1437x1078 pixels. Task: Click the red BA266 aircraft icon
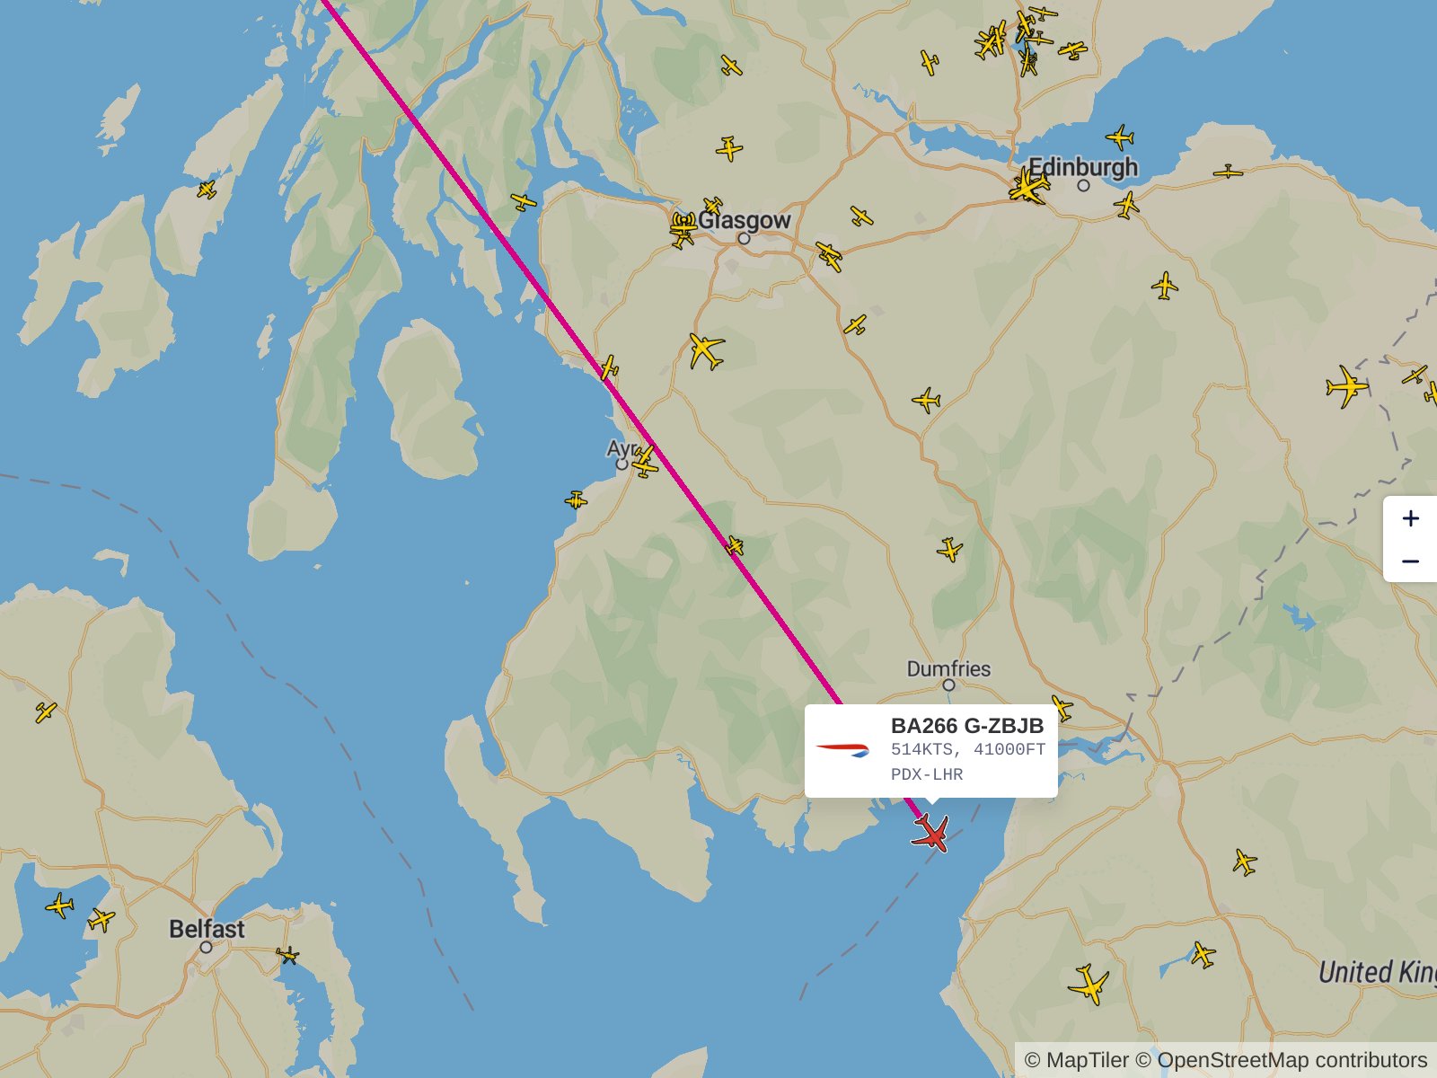tap(931, 833)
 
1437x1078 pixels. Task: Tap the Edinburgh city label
tap(1082, 167)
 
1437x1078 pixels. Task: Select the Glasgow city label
tap(744, 220)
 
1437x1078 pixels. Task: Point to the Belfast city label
tap(207, 928)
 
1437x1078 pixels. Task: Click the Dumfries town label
tap(948, 668)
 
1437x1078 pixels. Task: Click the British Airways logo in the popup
tap(842, 749)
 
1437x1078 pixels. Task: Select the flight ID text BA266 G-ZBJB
tap(966, 726)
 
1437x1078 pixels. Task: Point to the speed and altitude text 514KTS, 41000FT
tap(967, 749)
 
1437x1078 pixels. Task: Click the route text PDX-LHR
tap(926, 774)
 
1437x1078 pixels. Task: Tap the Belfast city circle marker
tap(206, 947)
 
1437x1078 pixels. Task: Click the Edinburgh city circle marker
tap(1083, 185)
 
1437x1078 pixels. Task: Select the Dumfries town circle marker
tap(948, 685)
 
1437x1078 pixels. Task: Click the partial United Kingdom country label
tap(1376, 972)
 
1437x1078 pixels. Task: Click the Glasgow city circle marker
tap(744, 239)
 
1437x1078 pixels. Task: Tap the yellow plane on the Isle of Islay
tap(207, 190)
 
